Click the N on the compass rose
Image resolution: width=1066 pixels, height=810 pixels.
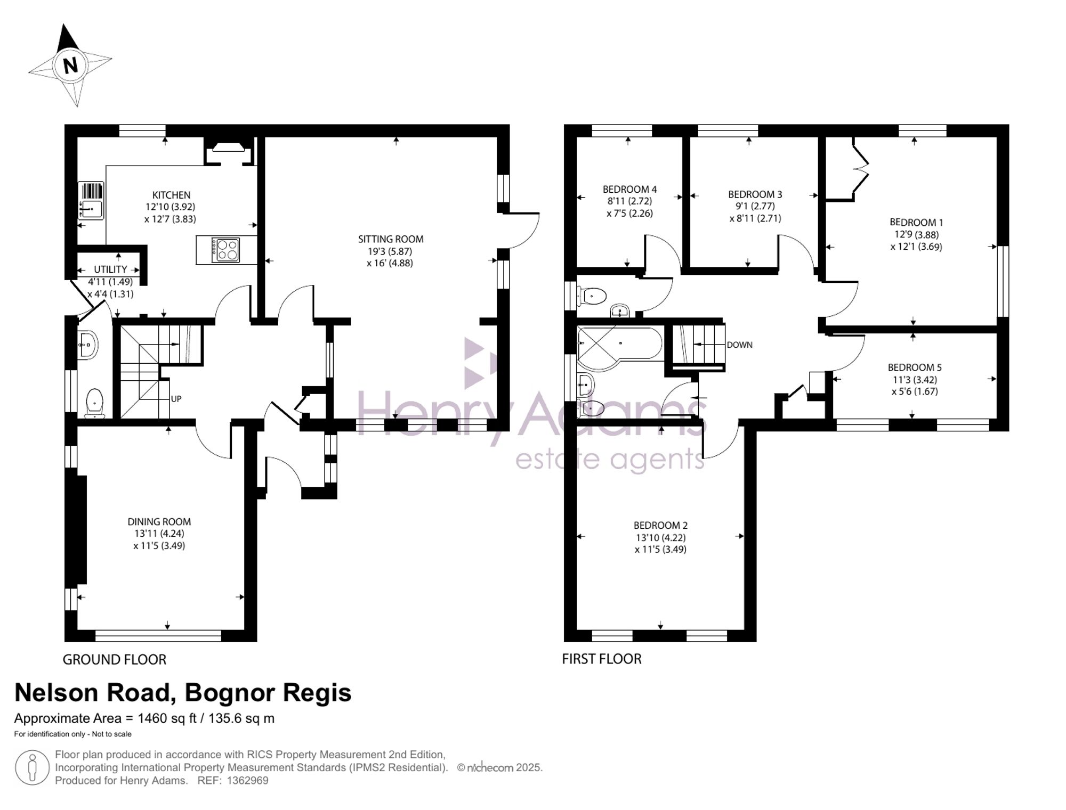coord(70,66)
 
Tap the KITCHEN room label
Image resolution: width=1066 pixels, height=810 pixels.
coord(171,195)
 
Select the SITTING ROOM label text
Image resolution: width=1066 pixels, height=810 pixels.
coord(391,239)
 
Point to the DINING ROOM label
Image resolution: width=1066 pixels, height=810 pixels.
coord(159,522)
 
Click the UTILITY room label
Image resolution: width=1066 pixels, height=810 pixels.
coord(110,269)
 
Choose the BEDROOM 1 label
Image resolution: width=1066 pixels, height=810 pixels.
coord(916,223)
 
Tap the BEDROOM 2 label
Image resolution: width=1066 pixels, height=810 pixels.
coord(660,526)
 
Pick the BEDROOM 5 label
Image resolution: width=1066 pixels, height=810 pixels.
coord(915,367)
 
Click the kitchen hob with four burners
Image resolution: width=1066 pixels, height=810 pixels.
coord(225,250)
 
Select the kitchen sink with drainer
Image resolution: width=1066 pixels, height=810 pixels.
coord(91,201)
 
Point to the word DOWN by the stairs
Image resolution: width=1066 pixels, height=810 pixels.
coord(740,345)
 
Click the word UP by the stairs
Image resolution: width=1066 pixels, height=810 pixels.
coord(176,399)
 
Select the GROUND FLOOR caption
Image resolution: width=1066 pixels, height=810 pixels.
coord(115,659)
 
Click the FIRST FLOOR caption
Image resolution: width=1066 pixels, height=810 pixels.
coord(602,659)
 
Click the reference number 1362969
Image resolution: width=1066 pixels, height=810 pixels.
coord(248,781)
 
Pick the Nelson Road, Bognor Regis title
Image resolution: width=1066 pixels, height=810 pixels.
coord(183,693)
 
